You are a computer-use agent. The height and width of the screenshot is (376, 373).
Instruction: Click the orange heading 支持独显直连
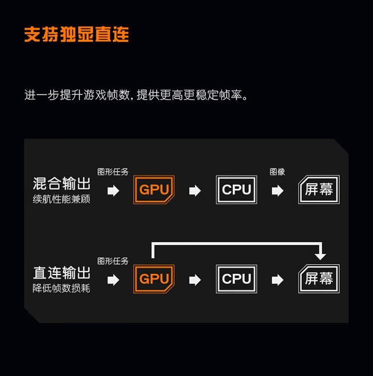pos(77,34)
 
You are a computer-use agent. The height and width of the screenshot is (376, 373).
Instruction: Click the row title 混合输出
pos(62,184)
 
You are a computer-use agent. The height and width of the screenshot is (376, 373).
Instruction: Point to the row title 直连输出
pos(62,273)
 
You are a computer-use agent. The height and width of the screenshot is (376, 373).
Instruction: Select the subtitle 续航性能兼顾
pos(61,199)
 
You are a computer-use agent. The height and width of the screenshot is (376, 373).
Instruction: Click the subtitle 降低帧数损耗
pos(61,288)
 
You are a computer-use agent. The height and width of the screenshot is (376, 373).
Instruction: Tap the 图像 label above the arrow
pos(278,172)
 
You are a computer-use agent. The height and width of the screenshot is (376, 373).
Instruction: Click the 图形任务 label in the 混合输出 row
pos(113,172)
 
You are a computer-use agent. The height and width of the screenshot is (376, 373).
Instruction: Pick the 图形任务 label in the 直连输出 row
pos(113,261)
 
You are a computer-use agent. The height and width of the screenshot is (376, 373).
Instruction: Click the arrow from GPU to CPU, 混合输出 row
pos(195,190)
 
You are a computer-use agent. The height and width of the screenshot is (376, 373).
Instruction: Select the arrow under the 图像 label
pos(278,190)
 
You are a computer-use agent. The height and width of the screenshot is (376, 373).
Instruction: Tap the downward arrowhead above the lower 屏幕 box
pos(320,257)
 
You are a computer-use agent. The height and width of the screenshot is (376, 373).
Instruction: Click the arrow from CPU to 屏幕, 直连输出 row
pos(278,280)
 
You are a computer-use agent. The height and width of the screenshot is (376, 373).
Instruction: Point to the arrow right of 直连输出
pos(113,280)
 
